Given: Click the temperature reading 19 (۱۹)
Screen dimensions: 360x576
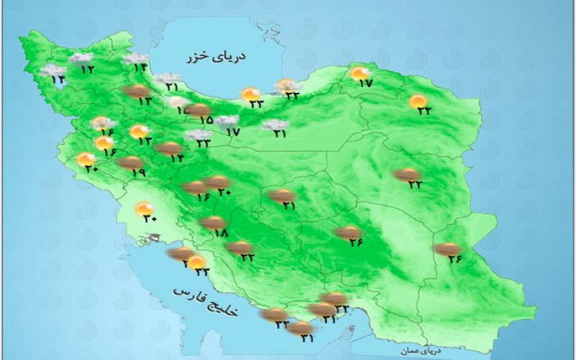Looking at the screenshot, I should coord(139,173).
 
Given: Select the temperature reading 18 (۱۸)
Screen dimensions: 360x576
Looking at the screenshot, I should coord(220,233).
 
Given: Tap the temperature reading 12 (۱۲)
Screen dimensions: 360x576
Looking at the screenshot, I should coord(88,69).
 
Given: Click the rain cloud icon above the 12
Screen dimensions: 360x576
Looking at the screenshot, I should coord(81,58).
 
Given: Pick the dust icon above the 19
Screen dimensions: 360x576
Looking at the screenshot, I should coord(130,163).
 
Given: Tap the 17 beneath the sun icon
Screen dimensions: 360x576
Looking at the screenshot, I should coord(365,84).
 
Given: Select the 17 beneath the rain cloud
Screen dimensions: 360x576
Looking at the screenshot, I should coord(232,132).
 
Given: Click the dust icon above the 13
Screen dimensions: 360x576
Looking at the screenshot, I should coord(136,91).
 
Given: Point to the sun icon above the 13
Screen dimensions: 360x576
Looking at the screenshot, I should coord(138,131).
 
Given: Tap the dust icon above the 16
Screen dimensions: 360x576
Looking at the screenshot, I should coord(194,187).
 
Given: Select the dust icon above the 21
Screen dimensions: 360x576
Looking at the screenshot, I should coord(280,194).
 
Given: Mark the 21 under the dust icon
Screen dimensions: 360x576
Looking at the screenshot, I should coord(289,205).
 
